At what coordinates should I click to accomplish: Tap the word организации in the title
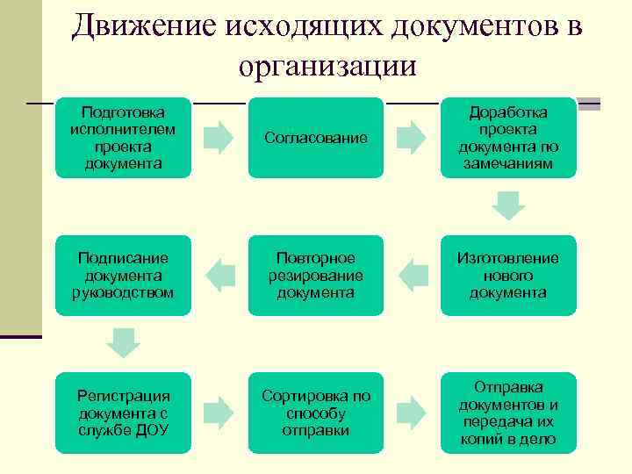click(x=326, y=67)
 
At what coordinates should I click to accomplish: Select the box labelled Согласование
click(x=315, y=138)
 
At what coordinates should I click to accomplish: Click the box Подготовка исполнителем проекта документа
click(x=123, y=138)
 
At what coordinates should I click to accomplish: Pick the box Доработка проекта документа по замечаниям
click(x=508, y=138)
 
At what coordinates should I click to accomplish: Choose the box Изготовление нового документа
click(x=508, y=276)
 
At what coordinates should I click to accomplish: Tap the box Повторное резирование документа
click(x=315, y=276)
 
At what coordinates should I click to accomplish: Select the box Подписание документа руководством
click(x=123, y=276)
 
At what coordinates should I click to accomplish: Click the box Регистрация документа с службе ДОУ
click(x=123, y=413)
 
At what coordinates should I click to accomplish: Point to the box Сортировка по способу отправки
click(x=315, y=413)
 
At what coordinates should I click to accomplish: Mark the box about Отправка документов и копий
click(x=508, y=413)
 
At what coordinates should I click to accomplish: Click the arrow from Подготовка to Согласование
click(x=219, y=138)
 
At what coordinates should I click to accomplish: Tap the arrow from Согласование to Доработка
click(x=412, y=138)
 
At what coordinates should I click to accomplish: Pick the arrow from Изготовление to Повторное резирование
click(x=412, y=276)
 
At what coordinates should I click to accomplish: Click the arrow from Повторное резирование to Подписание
click(x=219, y=276)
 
